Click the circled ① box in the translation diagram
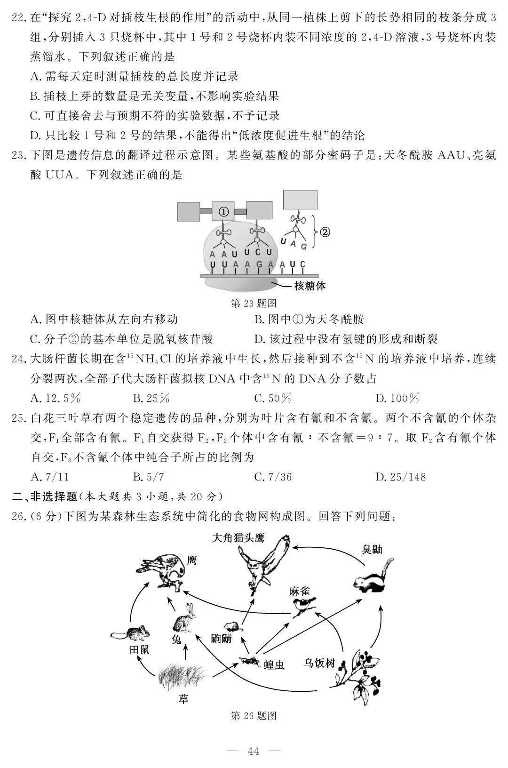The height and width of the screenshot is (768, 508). (x=223, y=212)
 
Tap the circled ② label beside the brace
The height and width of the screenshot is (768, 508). (x=325, y=232)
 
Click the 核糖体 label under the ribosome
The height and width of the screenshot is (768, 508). (x=310, y=286)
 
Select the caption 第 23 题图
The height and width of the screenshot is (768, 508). (x=254, y=303)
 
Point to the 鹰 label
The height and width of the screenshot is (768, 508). (x=191, y=560)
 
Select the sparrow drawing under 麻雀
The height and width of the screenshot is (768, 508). (x=303, y=606)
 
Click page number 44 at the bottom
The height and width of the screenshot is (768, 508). (x=254, y=751)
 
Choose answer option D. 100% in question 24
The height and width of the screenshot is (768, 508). (x=397, y=399)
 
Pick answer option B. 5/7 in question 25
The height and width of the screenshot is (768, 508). (x=149, y=477)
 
